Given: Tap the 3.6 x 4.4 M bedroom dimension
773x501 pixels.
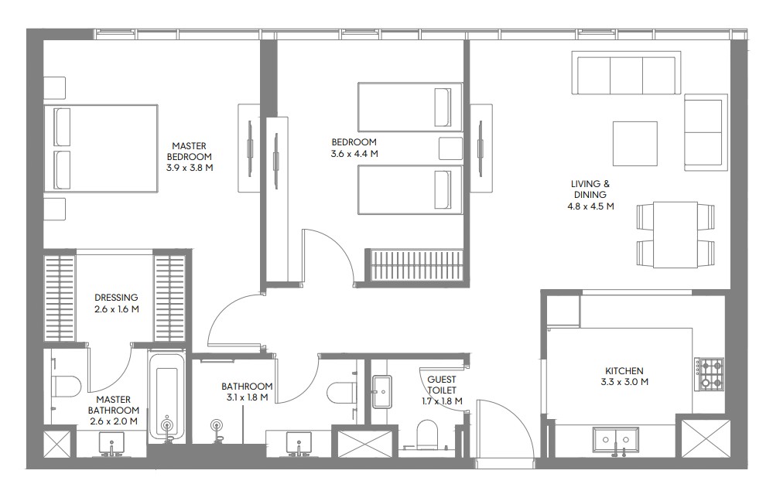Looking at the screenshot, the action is coord(354,154).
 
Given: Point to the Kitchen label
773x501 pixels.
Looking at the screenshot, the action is coord(624,371).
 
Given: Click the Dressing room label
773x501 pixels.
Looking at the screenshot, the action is coord(116,298).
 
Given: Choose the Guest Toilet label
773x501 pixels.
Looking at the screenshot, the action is coord(442,385).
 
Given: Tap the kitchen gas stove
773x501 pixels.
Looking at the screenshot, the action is coord(710,374).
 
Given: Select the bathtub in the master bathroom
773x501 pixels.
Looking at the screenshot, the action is coord(167,397).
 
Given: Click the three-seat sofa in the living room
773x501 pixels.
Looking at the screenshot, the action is coord(626,73).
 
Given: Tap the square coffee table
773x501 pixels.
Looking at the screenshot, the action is coord(635,144).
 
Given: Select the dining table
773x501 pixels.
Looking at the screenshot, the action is coord(676,234).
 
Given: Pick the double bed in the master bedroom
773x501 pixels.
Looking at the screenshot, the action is coord(101,148).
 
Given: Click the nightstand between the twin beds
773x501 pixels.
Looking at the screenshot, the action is coord(450,148).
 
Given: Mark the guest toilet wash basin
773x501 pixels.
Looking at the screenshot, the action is coord(381,392).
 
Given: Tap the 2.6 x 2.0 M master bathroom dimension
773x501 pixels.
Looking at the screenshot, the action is coord(114,421).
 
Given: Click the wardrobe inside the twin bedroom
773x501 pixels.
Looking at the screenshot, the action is coord(417,265).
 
